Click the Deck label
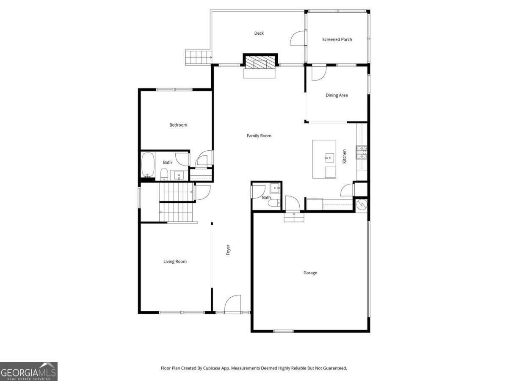pos(259,33)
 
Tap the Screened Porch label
pos(337,39)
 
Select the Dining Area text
pos(337,95)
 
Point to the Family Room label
pos(259,136)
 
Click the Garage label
pos(310,273)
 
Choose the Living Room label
pos(175,262)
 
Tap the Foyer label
pos(228,250)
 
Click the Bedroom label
pos(178,125)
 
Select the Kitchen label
pos(344,156)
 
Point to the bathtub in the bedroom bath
pos(148,165)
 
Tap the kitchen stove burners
pos(362,152)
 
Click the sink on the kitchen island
pos(329,158)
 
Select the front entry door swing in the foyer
pos(232,304)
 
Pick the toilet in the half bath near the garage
pos(274,203)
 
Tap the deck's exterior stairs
pos(199,57)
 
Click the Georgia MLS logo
pos(29,372)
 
